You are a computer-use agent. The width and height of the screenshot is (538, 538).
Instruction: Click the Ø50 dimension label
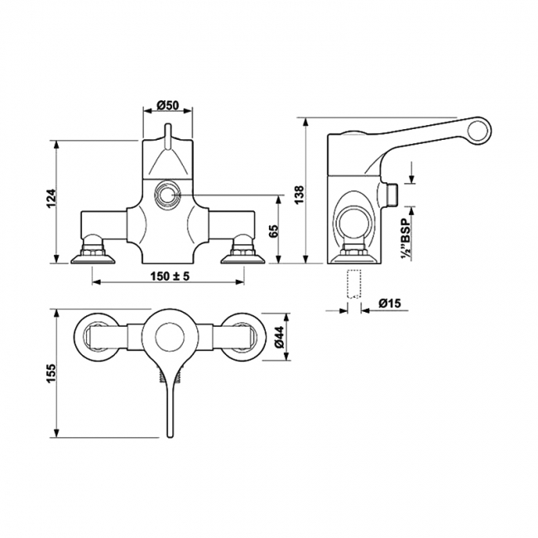point(168,104)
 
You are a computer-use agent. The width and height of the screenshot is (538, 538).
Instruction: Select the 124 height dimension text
point(50,199)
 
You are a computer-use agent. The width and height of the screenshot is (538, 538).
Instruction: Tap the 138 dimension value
point(300,193)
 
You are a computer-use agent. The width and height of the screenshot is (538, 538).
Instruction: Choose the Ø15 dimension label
point(390,304)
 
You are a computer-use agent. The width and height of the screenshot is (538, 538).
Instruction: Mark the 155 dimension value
point(50,374)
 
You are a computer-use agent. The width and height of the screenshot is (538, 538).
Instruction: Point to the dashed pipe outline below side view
point(354,283)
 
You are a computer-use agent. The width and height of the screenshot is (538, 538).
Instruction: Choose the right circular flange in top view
point(243,337)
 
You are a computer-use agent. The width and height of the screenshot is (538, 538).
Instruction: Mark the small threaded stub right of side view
point(392,195)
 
